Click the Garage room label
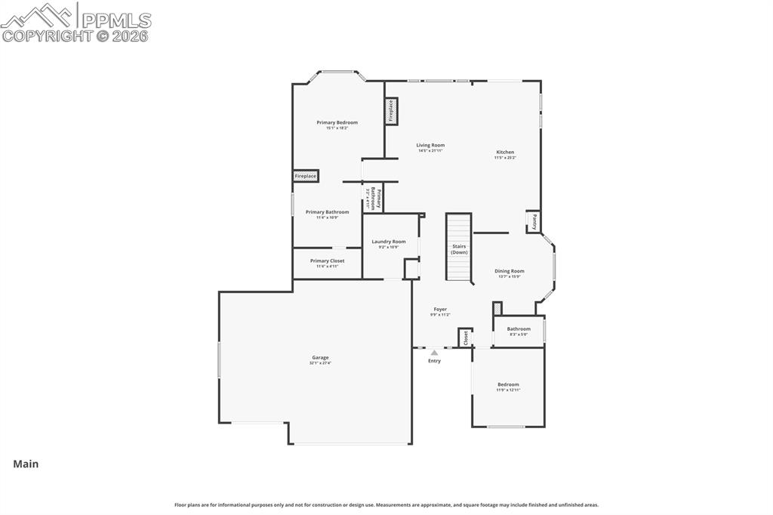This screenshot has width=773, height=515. click(320, 357)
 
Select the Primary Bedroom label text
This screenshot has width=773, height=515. click(337, 122)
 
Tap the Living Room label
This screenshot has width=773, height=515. click(430, 145)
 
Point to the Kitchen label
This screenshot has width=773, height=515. click(505, 152)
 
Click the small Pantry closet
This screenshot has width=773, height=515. click(533, 221)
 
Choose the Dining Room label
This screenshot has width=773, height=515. click(509, 270)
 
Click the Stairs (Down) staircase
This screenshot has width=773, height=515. click(459, 248)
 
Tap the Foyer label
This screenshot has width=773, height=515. click(440, 309)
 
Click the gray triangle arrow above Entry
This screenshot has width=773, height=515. click(434, 352)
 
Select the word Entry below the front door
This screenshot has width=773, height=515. click(434, 361)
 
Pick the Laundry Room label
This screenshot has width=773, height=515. click(388, 242)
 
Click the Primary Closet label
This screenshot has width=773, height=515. click(327, 261)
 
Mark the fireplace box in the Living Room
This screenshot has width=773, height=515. click(391, 111)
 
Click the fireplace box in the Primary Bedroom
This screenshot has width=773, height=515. click(306, 176)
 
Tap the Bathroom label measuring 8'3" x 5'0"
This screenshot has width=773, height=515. click(519, 328)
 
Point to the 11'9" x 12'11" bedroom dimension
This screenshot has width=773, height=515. click(508, 390)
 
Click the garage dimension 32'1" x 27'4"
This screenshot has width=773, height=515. click(320, 363)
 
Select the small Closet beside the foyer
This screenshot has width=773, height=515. click(466, 338)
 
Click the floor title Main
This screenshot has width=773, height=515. click(26, 464)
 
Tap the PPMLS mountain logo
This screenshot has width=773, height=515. click(38, 14)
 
